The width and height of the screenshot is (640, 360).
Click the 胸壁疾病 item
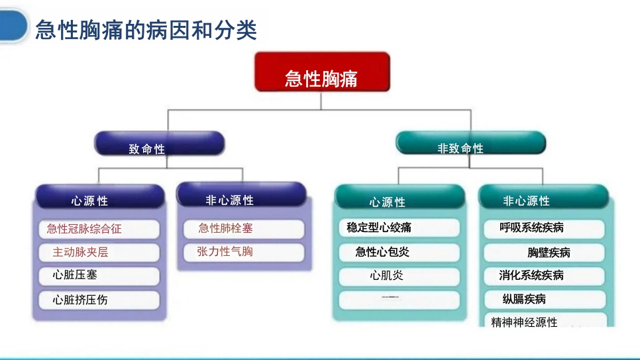(x=543, y=253)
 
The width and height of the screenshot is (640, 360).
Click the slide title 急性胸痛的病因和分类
(x=146, y=30)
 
